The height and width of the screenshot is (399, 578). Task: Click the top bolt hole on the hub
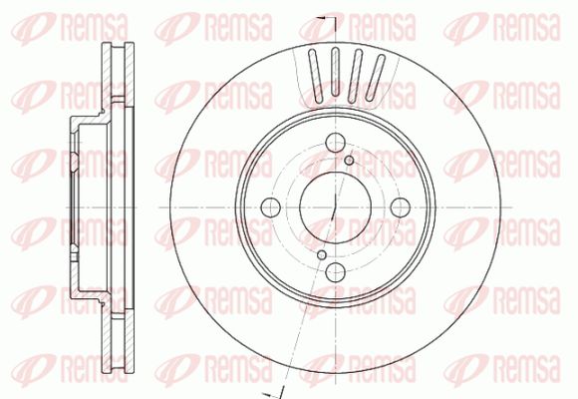pyautogui.click(x=336, y=142)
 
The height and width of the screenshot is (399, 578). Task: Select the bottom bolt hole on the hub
pyautogui.click(x=336, y=271)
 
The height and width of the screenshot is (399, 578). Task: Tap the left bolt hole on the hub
pyautogui.click(x=271, y=207)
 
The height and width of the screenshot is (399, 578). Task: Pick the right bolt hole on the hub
pyautogui.click(x=401, y=207)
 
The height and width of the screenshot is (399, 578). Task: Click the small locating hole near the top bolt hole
pyautogui.click(x=349, y=161)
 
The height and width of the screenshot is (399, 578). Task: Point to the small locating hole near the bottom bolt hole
pyautogui.click(x=322, y=254)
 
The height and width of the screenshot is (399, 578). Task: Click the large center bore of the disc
pyautogui.click(x=335, y=207)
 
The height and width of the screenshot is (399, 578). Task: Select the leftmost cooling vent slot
pyautogui.click(x=316, y=76)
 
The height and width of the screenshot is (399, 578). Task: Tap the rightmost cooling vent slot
pyautogui.click(x=376, y=78)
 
